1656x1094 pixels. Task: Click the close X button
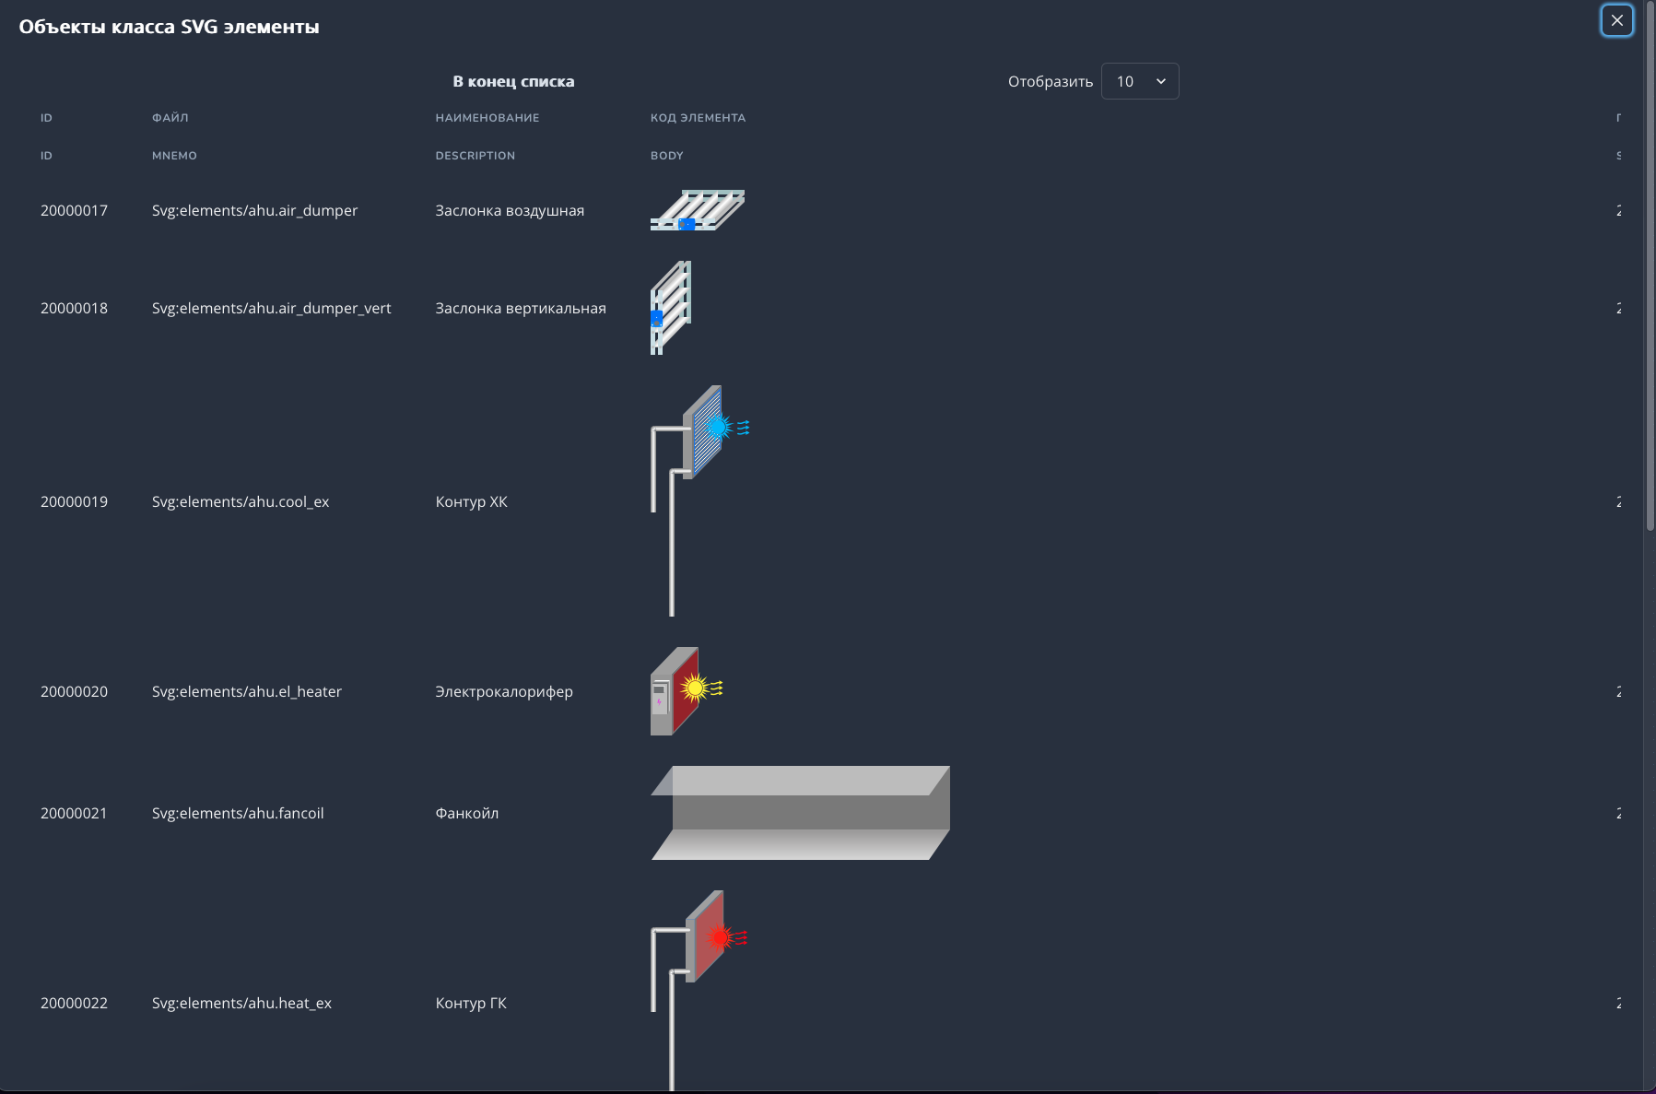1616,20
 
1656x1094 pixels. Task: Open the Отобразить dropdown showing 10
1140,81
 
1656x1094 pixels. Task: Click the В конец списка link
513,81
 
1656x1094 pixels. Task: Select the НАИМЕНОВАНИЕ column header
487,118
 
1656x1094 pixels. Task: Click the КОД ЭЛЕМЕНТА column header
698,118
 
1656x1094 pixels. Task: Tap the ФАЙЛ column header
170,118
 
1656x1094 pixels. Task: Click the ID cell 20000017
74,210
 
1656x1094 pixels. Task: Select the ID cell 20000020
74,691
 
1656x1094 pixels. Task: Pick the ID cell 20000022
74,1003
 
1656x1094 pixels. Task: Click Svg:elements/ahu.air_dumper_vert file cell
271,308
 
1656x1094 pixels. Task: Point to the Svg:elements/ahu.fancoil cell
238,813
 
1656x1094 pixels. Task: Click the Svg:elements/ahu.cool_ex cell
241,501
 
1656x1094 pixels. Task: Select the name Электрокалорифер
504,691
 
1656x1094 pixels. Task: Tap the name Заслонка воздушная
510,210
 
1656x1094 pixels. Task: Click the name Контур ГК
471,1003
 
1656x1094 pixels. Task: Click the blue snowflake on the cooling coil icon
718,427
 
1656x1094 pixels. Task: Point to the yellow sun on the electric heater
695,688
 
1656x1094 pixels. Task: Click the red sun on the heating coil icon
720,937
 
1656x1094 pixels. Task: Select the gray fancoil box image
800,813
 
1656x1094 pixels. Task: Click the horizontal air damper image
698,210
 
